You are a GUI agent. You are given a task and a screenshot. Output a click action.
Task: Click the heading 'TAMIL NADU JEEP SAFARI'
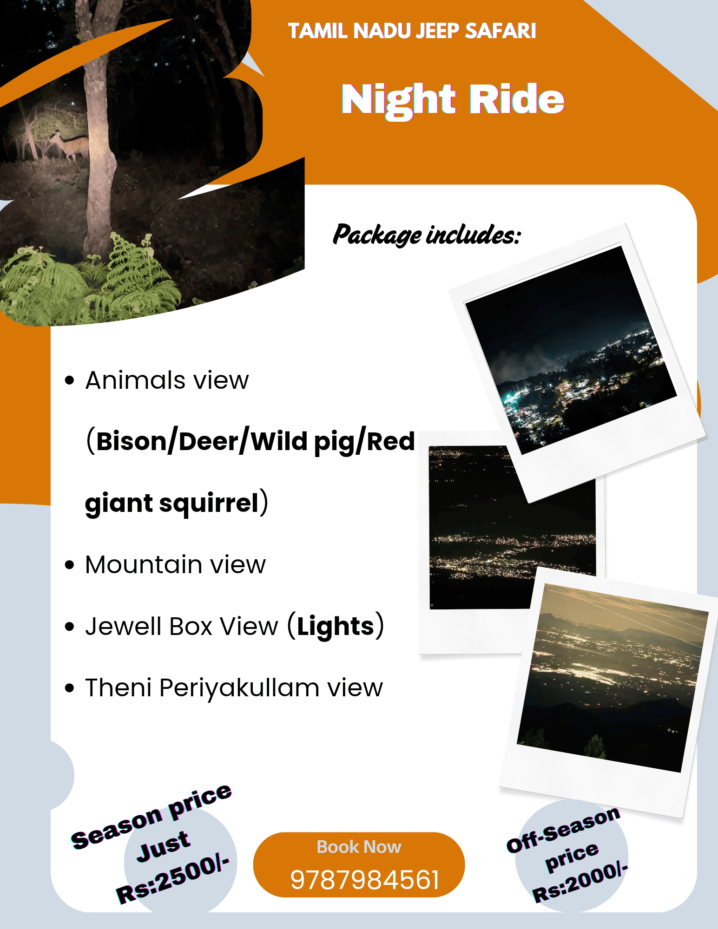[412, 31]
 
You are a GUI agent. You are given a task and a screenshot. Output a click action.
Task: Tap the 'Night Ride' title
[453, 100]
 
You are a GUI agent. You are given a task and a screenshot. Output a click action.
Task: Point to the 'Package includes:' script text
[427, 235]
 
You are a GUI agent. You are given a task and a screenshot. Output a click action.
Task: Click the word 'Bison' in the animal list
[132, 441]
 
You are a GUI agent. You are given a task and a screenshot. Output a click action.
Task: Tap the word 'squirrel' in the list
[209, 503]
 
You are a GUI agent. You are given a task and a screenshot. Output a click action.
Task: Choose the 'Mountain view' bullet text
[176, 565]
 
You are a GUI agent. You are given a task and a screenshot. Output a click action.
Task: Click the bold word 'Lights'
[336, 626]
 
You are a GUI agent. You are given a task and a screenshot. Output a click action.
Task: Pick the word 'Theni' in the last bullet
[118, 687]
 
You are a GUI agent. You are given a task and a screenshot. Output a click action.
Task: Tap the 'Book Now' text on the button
[359, 847]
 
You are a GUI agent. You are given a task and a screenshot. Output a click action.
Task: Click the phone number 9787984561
[365, 880]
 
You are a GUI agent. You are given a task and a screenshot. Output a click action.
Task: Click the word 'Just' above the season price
[163, 846]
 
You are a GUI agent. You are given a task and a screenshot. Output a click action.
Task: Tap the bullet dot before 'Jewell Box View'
[70, 627]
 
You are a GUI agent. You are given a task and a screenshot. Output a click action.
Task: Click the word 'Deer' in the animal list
[209, 441]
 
